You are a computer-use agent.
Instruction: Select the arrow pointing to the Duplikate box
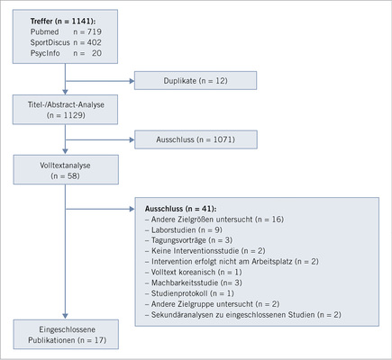click(100, 79)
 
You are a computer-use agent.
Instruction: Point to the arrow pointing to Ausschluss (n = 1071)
click(100, 139)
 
